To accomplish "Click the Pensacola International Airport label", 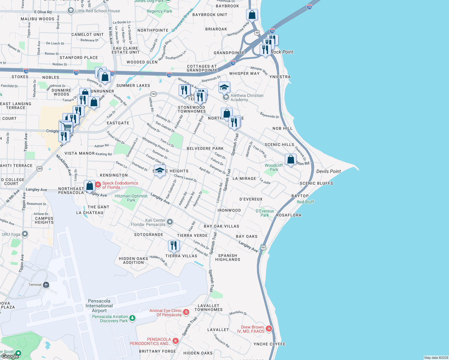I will pos(99,306).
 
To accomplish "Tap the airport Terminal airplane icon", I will pos(46,285).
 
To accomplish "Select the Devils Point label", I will pos(328,171).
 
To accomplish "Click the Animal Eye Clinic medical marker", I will pos(186,312).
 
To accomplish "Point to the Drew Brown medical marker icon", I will pos(269,329).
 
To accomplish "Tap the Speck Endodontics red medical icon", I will pos(98,185).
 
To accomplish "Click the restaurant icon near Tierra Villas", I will pos(174,245).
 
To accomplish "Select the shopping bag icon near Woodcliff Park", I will pos(291,159).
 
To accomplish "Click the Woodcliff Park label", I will pos(274,167).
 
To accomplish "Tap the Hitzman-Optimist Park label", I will pos(131,198).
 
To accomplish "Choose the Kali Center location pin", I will pos(170,222).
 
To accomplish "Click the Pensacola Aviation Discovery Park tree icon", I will pos(132,318).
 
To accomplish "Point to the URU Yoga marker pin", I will pos(25,234).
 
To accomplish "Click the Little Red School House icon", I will pos(71,11).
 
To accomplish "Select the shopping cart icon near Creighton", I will pos(67,127).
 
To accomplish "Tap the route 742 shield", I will pos(153,94).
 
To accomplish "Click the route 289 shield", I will pos(39,169).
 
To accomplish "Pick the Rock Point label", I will pos(282,52).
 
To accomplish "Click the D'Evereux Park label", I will pos(265,213).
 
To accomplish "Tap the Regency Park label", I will pos(159,11).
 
